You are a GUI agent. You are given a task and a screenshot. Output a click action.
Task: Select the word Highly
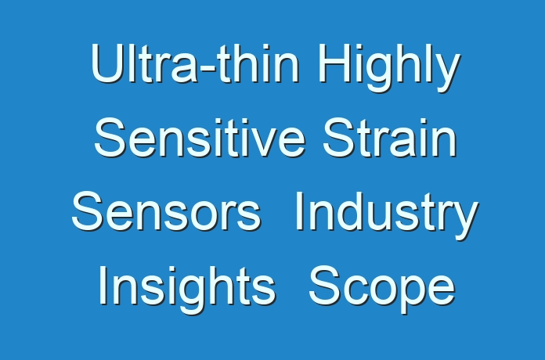click(x=389, y=68)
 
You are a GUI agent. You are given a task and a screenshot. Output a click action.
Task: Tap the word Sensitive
click(x=200, y=138)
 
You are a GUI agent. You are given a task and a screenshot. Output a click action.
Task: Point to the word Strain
click(x=390, y=138)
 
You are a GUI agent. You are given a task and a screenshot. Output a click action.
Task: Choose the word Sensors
click(x=166, y=211)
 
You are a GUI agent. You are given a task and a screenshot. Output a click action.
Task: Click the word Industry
click(x=387, y=215)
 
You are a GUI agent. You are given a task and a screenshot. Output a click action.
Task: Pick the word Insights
click(x=187, y=289)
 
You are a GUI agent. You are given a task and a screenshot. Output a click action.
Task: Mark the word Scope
click(x=381, y=289)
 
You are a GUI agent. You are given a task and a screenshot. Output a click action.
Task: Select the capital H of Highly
click(x=333, y=63)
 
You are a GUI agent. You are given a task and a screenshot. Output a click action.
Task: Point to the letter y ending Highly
click(x=448, y=74)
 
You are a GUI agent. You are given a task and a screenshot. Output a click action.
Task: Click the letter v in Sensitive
click(x=262, y=142)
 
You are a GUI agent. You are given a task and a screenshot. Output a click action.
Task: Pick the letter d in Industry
click(x=356, y=211)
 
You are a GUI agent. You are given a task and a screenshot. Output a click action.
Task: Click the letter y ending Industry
click(x=466, y=221)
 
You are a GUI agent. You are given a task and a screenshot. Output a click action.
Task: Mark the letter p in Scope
click(x=406, y=295)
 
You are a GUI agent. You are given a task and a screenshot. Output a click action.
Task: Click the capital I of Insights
click(x=103, y=285)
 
